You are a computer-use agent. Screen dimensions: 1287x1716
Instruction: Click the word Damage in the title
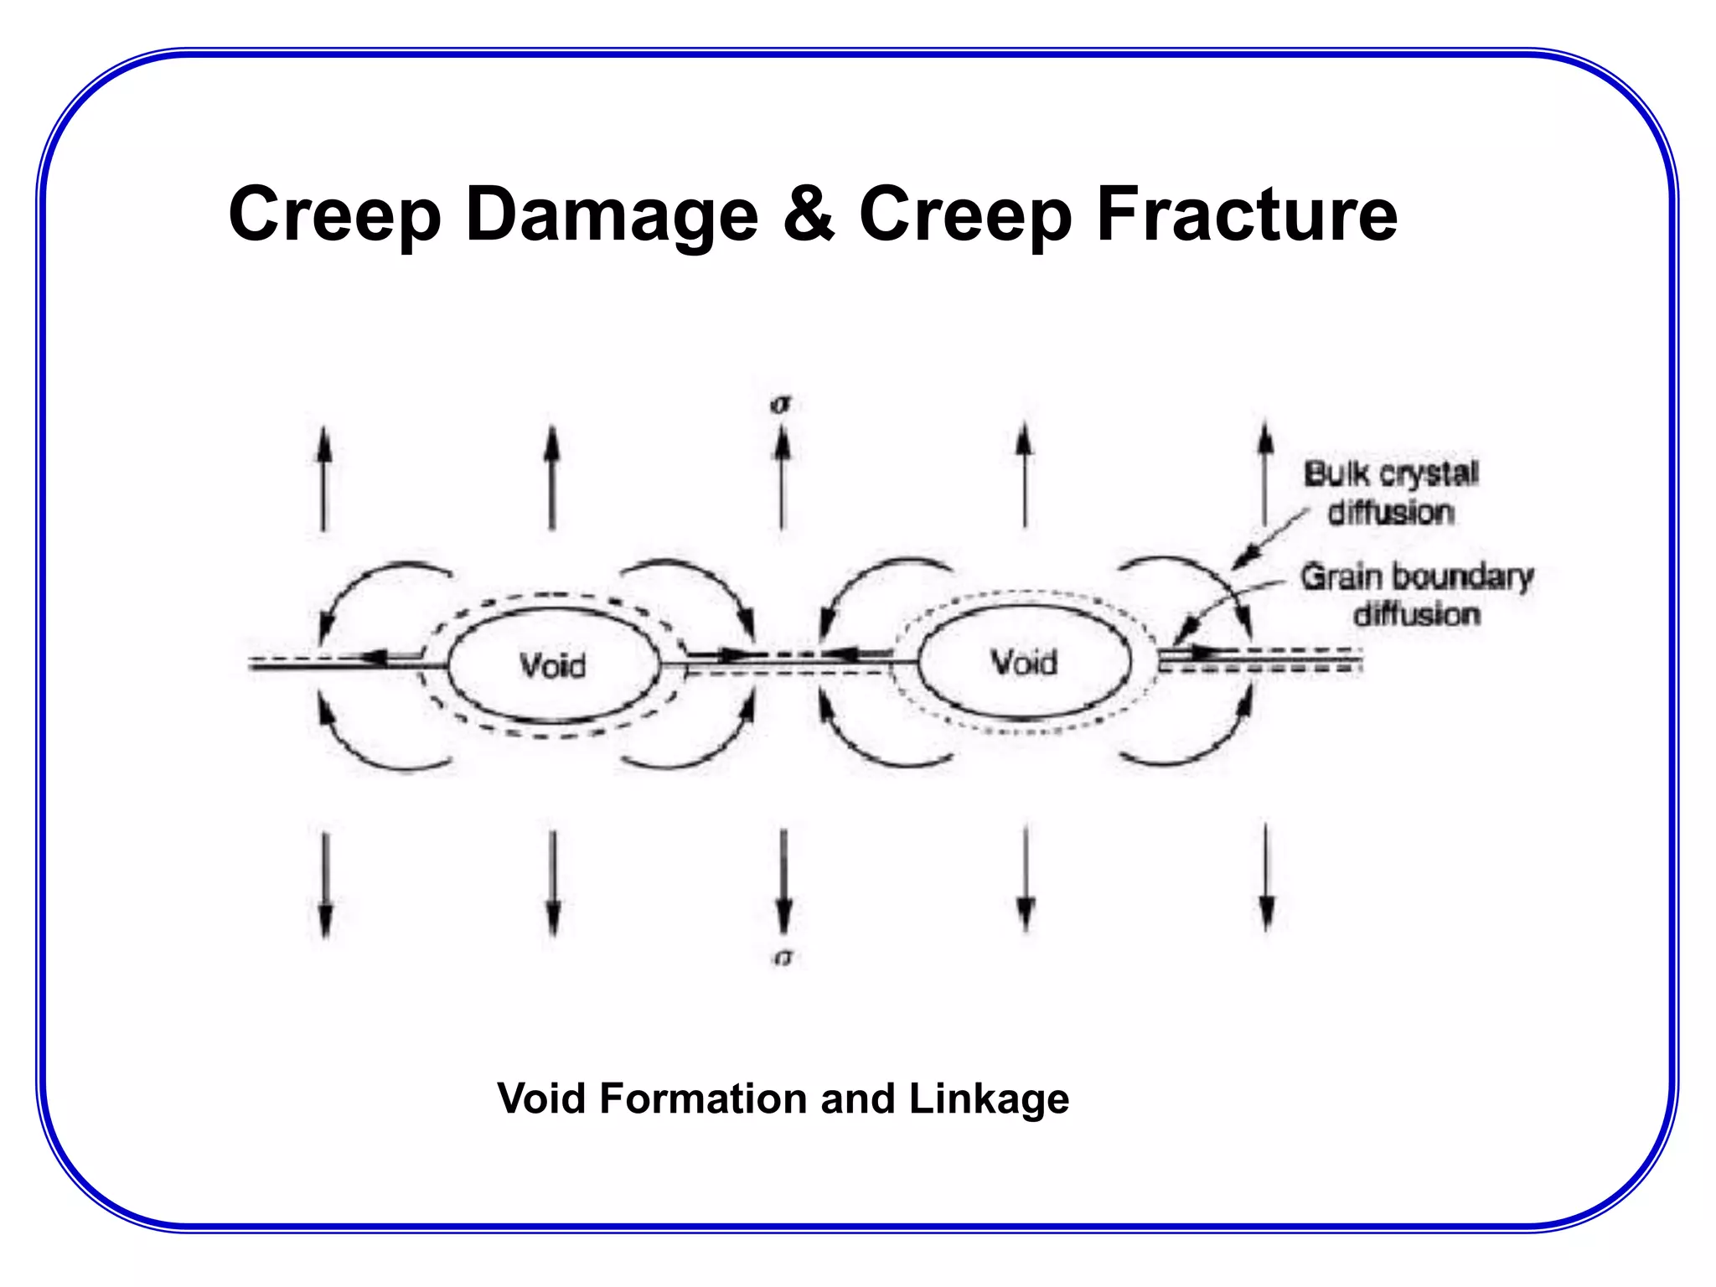[612, 215]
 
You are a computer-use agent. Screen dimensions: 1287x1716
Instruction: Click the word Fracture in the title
[1247, 215]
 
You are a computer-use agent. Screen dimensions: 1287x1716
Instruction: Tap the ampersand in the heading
[809, 214]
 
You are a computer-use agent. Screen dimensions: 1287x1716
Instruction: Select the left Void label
[553, 666]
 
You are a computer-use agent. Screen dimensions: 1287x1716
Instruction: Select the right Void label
[1024, 663]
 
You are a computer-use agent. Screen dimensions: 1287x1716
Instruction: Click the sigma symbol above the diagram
[781, 405]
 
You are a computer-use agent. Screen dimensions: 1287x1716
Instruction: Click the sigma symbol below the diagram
[783, 957]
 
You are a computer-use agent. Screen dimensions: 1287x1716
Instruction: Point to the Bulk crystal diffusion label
[1391, 493]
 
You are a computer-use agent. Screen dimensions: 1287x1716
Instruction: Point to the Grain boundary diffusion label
[1416, 595]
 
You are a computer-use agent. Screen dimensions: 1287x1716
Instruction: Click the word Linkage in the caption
[989, 1098]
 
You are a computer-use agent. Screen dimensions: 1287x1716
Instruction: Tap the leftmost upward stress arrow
[323, 478]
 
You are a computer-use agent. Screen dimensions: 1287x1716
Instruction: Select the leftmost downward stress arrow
[326, 884]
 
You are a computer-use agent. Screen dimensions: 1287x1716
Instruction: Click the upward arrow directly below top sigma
[782, 478]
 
